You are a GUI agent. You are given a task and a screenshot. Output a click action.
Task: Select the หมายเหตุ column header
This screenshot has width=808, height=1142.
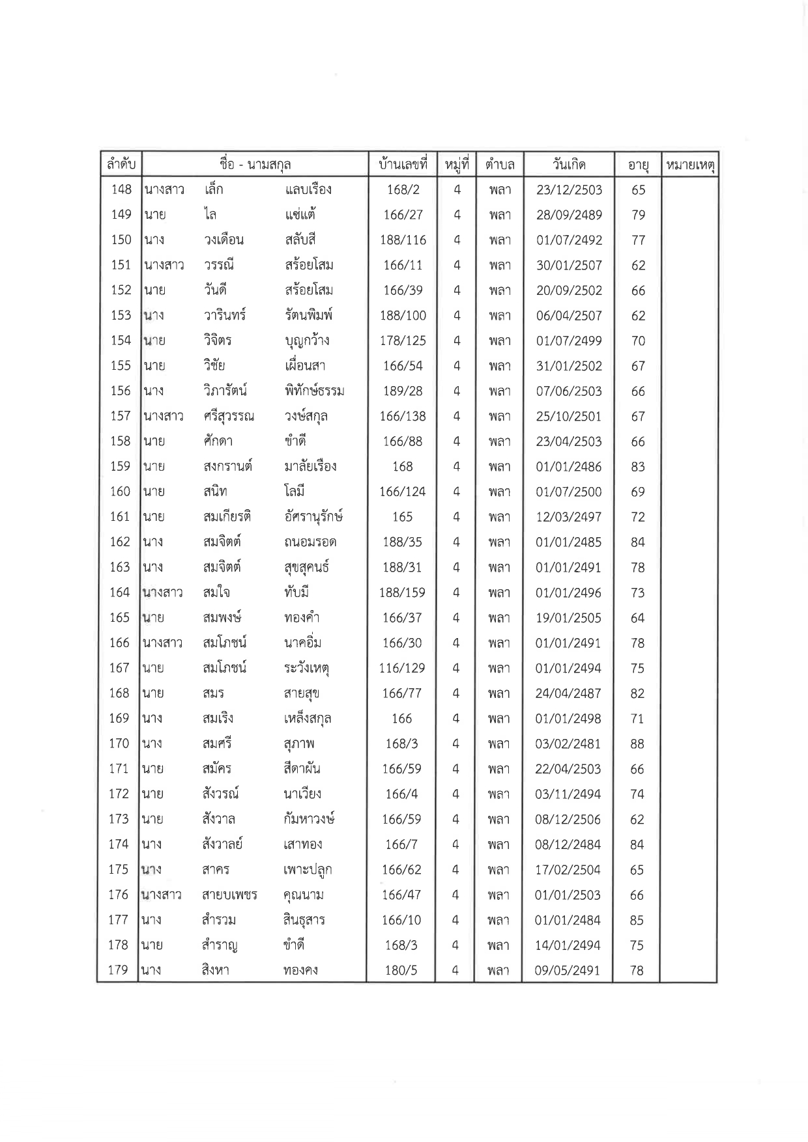[x=689, y=165]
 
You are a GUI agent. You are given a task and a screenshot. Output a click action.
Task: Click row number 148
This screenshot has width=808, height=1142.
[x=121, y=189]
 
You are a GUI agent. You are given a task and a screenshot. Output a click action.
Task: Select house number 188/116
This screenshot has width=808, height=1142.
[x=403, y=240]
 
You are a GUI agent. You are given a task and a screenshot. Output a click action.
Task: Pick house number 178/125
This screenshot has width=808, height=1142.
[x=403, y=341]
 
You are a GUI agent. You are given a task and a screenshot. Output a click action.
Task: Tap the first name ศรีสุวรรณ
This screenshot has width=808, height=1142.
[x=228, y=416]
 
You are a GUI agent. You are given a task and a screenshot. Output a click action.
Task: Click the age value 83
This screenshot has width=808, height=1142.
[x=638, y=466]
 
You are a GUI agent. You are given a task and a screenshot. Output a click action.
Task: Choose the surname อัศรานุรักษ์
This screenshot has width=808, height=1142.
[x=313, y=517]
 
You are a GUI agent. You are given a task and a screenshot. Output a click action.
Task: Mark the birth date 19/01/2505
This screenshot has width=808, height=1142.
[x=568, y=618]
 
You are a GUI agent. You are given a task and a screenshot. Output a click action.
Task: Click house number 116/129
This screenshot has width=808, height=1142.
[x=402, y=668]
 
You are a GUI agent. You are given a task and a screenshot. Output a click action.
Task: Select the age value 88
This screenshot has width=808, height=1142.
[x=637, y=744]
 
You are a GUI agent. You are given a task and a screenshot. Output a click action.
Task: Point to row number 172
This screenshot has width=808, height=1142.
[x=119, y=794]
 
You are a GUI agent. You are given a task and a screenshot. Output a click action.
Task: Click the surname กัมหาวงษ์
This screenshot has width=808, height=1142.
[x=310, y=819]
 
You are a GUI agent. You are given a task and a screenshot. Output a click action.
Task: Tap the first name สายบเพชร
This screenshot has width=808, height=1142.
[x=229, y=895]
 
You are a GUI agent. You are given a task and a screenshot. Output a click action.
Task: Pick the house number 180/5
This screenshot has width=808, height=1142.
[x=401, y=970]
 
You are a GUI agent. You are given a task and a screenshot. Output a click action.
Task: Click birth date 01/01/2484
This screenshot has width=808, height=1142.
[x=568, y=920]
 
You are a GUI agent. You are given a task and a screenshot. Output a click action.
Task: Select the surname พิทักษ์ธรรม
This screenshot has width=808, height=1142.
[x=314, y=391]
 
